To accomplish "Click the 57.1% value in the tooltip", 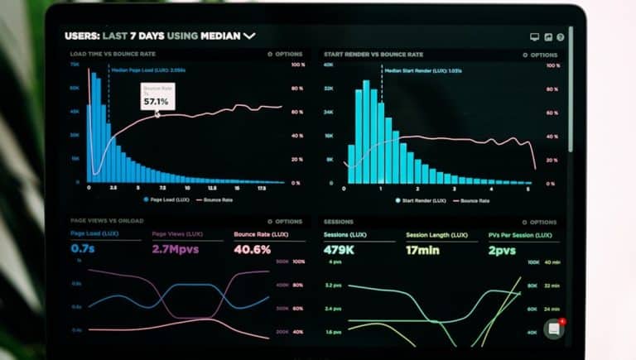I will (x=156, y=101).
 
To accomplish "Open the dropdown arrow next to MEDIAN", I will (x=249, y=36).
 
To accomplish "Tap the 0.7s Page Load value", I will (x=83, y=248).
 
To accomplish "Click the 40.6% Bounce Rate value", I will (x=253, y=248).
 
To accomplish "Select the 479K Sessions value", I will (x=340, y=249).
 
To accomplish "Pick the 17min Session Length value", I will (x=423, y=249).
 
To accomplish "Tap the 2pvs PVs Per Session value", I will (x=501, y=249).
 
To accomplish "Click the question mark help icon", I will (x=561, y=37).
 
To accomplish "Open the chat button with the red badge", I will (x=554, y=329).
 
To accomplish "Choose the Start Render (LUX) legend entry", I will (x=422, y=199).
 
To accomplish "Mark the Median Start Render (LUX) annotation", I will (x=421, y=71).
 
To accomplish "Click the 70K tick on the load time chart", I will (x=75, y=65).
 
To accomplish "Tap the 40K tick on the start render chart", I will (x=329, y=65).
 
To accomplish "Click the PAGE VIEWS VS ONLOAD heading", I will (x=107, y=221).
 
